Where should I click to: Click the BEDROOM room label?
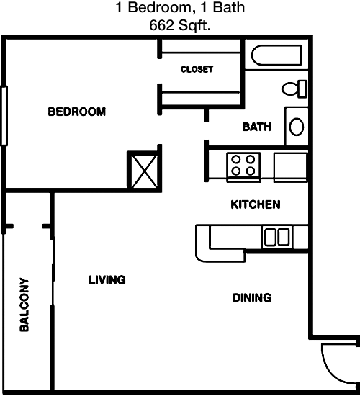(x=77, y=112)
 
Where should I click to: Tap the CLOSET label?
(x=197, y=69)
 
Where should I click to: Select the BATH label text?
(x=257, y=127)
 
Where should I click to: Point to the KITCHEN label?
(x=256, y=204)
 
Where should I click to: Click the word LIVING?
(x=107, y=280)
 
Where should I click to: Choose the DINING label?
(x=252, y=298)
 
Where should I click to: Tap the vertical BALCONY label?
(x=24, y=305)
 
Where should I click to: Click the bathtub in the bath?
(x=276, y=55)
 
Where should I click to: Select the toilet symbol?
(x=294, y=89)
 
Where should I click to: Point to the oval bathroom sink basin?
(x=297, y=127)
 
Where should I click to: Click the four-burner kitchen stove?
(x=244, y=166)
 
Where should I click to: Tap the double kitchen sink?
(x=277, y=237)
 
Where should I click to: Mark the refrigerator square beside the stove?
(x=290, y=167)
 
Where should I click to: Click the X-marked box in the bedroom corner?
(x=144, y=171)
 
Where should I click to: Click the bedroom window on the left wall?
(x=4, y=116)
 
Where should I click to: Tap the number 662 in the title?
(x=162, y=25)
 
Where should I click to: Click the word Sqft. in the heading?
(x=195, y=25)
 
